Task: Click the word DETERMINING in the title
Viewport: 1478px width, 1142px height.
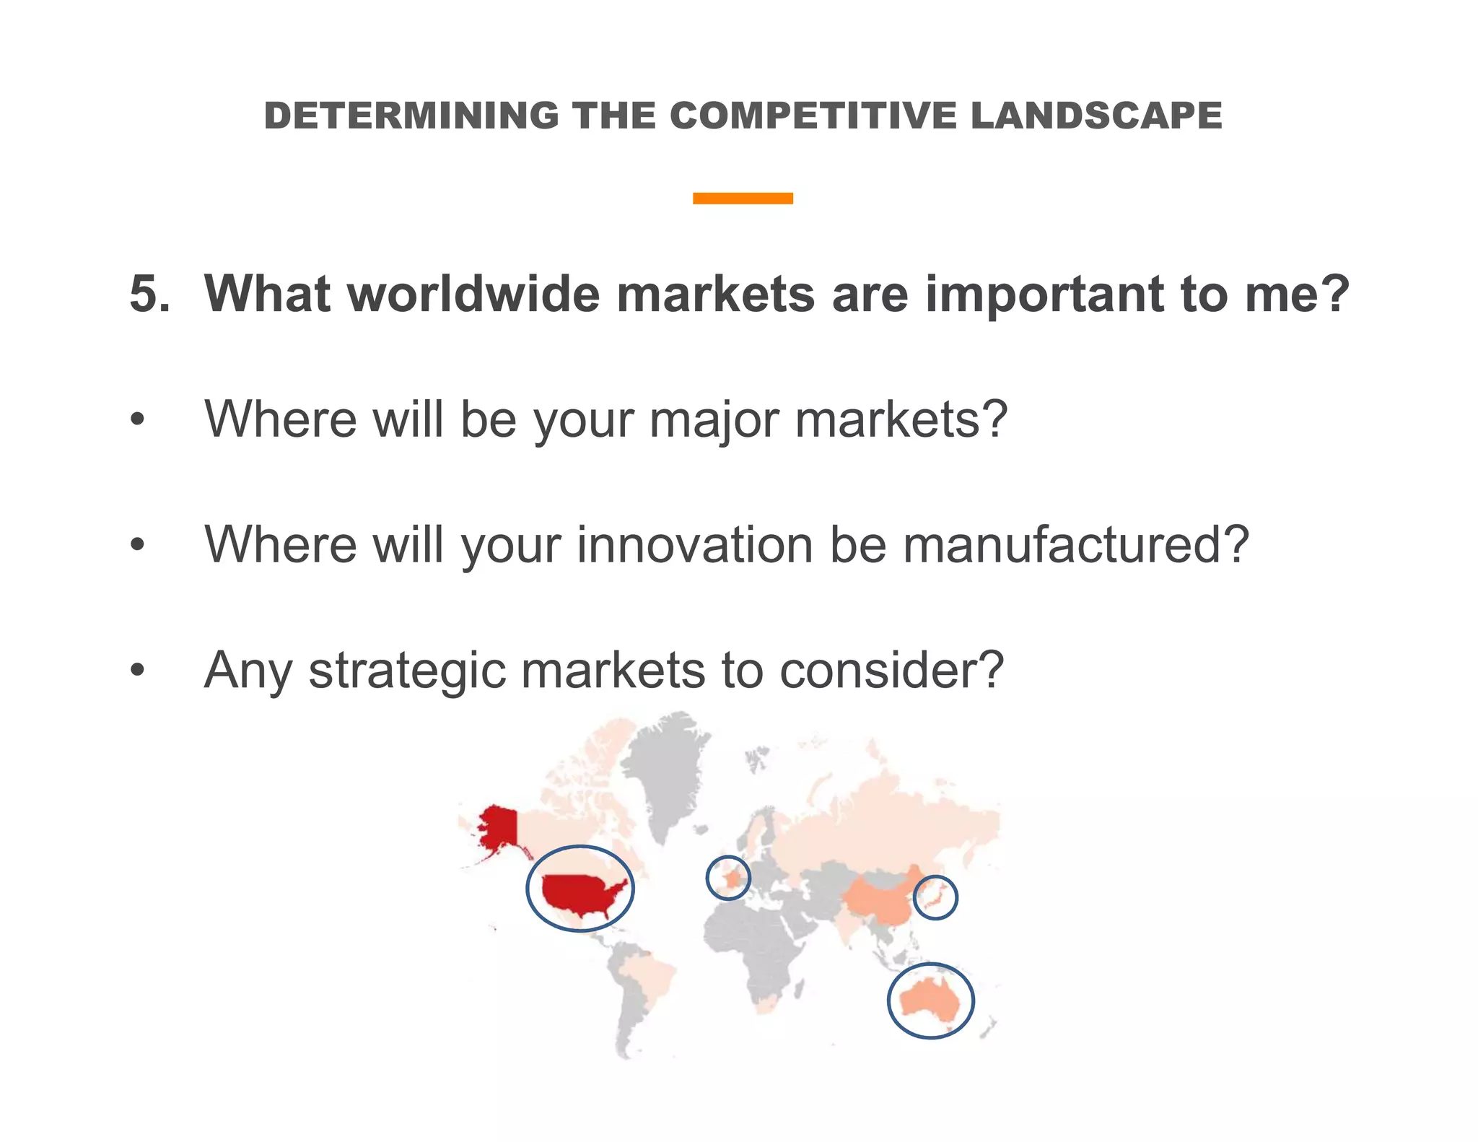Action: [x=411, y=115]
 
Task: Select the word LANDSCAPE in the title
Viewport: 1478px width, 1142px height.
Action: [x=1096, y=115]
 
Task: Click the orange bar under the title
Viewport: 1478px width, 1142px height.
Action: [x=743, y=198]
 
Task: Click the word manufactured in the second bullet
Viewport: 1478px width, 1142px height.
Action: [x=1075, y=545]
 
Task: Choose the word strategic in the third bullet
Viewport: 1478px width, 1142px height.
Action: [x=407, y=671]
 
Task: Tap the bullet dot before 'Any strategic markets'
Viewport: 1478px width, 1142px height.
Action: [x=138, y=671]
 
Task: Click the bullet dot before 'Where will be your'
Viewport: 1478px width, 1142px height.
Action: [x=138, y=420]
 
